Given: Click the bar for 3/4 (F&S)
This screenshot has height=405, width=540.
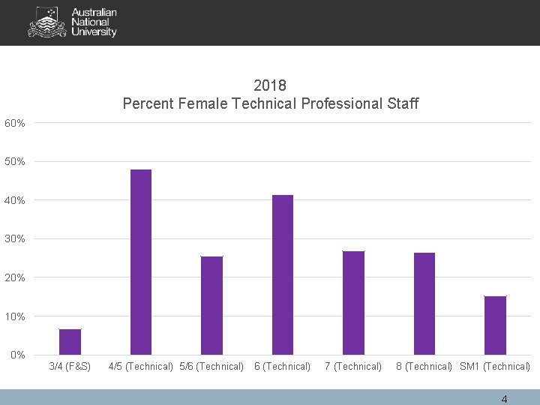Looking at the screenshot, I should click(x=70, y=342).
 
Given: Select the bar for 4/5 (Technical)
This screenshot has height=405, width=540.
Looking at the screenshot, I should click(x=141, y=262).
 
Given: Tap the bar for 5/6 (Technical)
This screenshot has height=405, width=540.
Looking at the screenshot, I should click(x=211, y=305).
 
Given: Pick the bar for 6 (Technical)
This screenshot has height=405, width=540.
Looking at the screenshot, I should click(x=283, y=274).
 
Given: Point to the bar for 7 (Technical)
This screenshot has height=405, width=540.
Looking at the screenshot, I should click(x=353, y=302).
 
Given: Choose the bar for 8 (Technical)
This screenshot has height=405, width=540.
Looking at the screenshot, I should click(x=424, y=303).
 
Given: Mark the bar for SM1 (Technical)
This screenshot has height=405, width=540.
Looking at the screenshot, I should click(x=495, y=325).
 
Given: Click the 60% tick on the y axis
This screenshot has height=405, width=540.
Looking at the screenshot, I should click(x=15, y=123).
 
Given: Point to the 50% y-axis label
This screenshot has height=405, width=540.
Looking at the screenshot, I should click(x=15, y=161).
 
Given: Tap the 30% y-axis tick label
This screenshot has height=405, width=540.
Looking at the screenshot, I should click(x=15, y=238).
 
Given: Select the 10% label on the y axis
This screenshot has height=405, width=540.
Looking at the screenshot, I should click(x=15, y=316).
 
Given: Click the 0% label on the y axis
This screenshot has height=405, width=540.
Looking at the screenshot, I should click(x=17, y=355).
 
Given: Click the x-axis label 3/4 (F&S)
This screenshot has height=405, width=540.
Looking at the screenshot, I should click(x=70, y=367).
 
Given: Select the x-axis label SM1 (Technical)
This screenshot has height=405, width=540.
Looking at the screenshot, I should click(x=495, y=367).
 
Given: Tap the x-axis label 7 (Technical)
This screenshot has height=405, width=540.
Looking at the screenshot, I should click(x=353, y=367).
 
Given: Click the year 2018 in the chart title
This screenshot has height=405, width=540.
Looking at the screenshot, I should click(x=270, y=85).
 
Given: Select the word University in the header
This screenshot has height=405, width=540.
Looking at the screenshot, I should click(x=94, y=32).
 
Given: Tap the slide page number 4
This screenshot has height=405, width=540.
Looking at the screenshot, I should click(x=504, y=399).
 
